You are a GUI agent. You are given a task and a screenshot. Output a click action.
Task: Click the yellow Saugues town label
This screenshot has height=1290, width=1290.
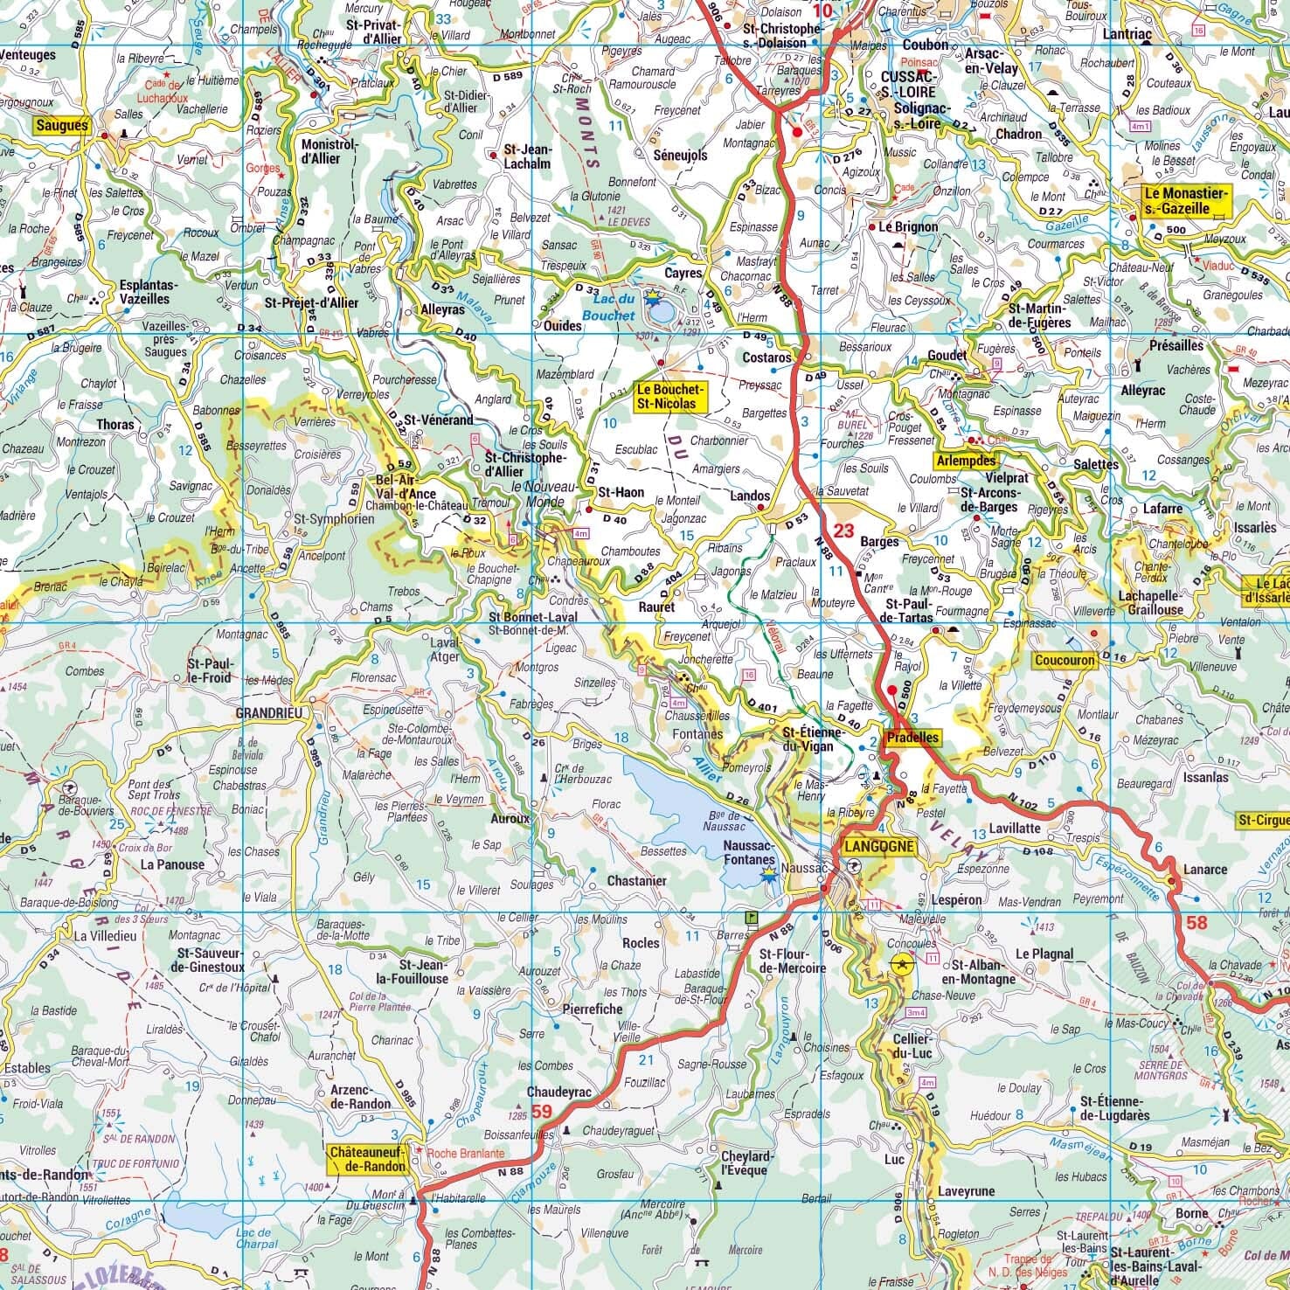tap(61, 126)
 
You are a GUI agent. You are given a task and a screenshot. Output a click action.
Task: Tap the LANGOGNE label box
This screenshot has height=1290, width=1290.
tap(879, 846)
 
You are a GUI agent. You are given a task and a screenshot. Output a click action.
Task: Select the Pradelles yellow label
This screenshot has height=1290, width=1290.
tap(912, 738)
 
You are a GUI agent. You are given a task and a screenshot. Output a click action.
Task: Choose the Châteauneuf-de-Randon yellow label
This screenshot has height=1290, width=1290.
tap(368, 1160)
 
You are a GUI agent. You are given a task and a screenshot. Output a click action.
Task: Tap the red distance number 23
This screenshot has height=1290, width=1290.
tap(843, 531)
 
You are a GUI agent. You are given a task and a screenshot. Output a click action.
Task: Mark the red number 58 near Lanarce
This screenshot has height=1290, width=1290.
tap(1196, 922)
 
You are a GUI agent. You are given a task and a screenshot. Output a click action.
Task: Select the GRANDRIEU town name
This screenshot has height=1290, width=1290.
tap(268, 713)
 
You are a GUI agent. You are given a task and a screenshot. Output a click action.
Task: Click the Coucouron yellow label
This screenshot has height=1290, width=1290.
tap(1064, 661)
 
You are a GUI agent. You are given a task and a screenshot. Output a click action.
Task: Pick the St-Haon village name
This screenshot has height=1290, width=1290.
tap(621, 492)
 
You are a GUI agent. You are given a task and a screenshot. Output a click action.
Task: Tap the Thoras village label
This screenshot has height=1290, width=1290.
tap(117, 425)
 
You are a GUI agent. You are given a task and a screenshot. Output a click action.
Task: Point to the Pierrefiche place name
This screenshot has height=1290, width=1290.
tap(592, 1009)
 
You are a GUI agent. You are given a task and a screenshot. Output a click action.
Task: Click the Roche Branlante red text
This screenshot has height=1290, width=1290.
tap(465, 1154)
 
